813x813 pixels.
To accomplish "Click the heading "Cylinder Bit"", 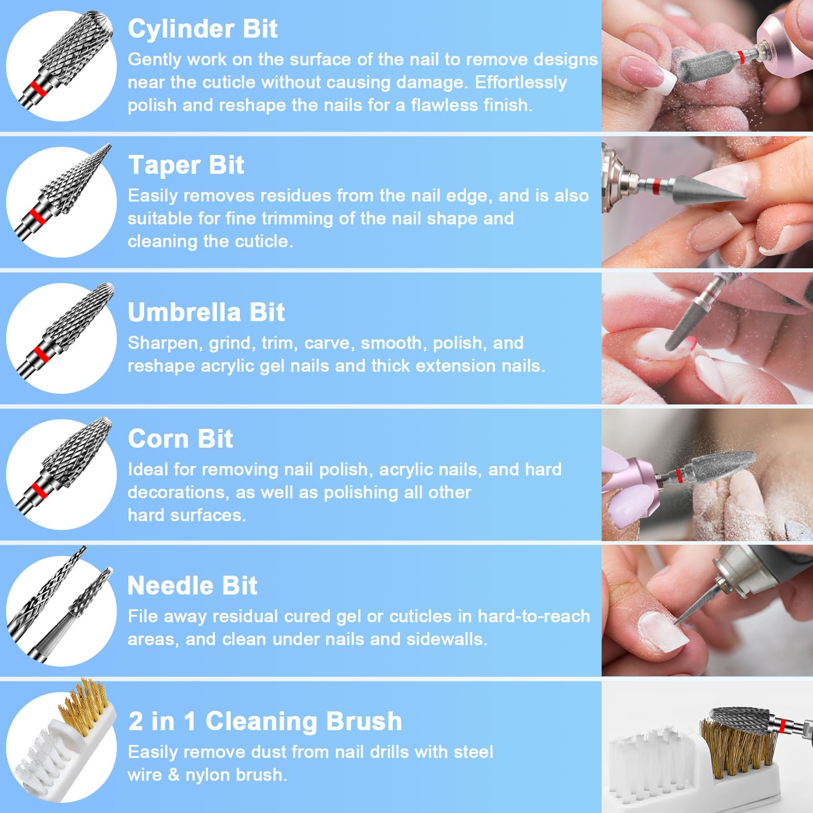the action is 202,28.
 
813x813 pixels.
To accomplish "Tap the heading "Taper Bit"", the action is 186,165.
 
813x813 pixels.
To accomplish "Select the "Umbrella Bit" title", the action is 206,312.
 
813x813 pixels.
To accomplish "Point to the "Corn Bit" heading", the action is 180,439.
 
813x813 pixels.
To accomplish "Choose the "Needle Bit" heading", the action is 192,585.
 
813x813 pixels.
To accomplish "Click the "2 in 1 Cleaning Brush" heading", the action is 265,721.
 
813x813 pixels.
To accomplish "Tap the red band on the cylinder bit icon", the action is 38,88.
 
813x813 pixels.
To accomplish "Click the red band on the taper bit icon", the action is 37,215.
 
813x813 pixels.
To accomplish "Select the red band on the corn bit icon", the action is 38,490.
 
